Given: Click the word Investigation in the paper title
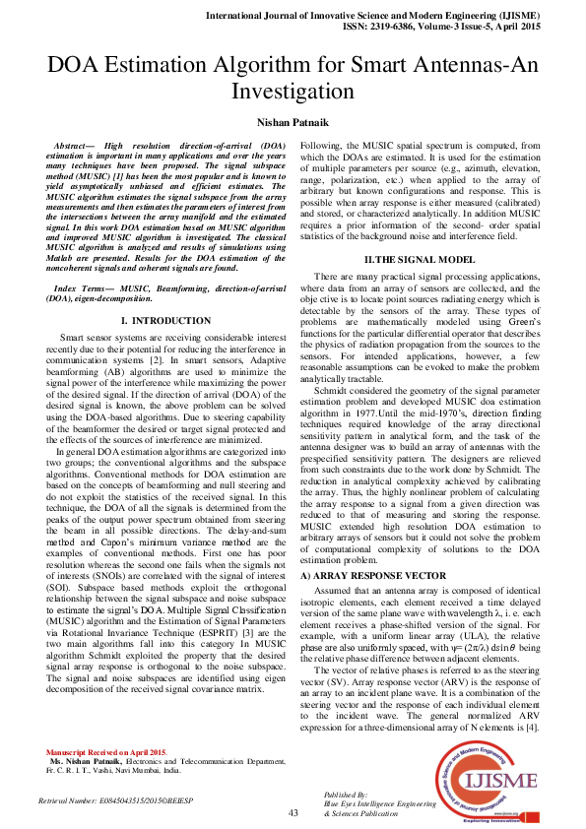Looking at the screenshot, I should tap(293, 92).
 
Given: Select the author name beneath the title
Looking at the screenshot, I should tap(293, 121).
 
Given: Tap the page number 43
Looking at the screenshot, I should tap(293, 814).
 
